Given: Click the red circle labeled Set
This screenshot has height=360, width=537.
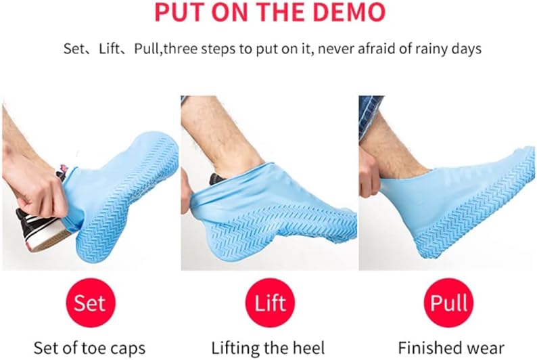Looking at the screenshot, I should coord(90,302).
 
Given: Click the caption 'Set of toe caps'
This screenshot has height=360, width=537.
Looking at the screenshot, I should coord(90,348).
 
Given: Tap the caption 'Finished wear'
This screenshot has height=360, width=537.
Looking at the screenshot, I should coord(450,348).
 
